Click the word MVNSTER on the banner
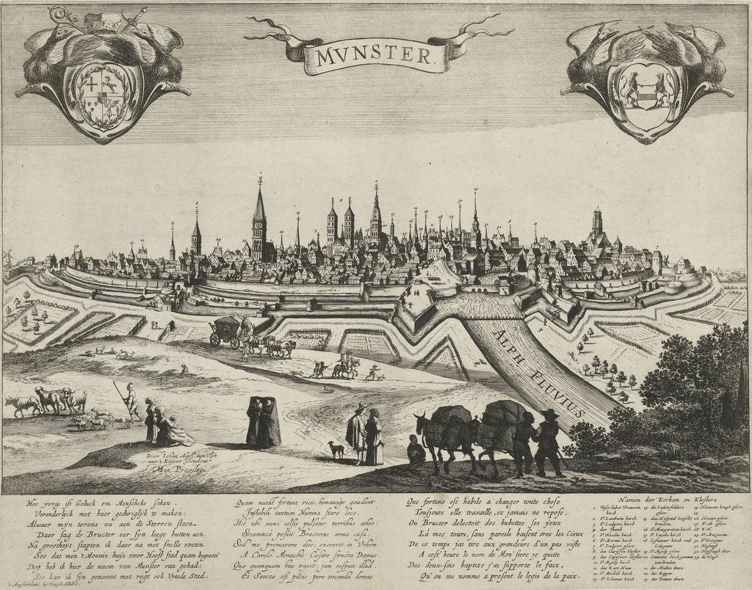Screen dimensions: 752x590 coord(375,55)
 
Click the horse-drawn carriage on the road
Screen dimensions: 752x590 coord(228,331)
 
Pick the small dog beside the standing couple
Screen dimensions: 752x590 coord(336,448)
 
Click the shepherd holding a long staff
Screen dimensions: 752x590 coord(131,401)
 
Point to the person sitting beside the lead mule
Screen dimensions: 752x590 coord(416,450)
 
